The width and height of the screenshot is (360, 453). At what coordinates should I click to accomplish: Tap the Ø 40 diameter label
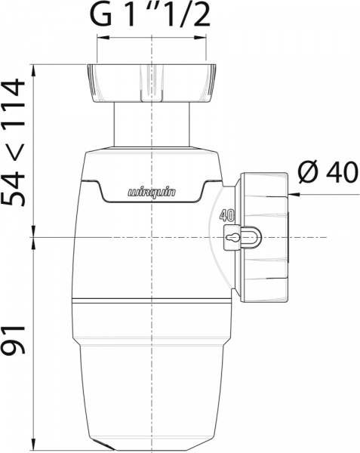tap(326, 172)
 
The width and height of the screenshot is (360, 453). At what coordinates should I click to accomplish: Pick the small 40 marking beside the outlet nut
tap(227, 214)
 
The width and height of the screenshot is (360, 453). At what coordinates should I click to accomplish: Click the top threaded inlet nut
tap(151, 83)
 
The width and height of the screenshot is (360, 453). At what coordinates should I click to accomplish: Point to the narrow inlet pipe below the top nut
tap(151, 125)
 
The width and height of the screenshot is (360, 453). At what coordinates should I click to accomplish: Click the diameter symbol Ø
tap(306, 172)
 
